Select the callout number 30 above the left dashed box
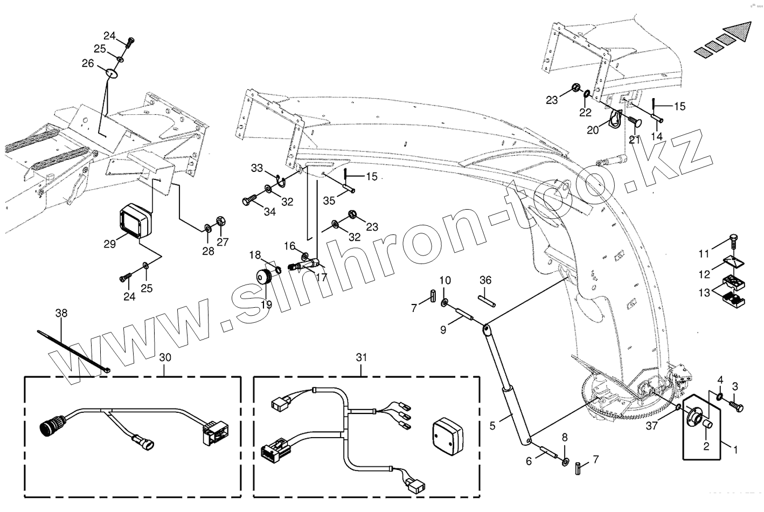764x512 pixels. (x=165, y=357)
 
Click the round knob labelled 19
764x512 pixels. (x=265, y=279)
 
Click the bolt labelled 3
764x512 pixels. (x=735, y=404)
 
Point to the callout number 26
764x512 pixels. (x=88, y=63)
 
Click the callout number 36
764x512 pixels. (x=485, y=280)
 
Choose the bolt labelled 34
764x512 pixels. (x=248, y=202)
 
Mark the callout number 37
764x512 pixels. (x=651, y=427)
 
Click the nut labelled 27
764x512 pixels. (x=220, y=220)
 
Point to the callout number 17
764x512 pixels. (x=322, y=278)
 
